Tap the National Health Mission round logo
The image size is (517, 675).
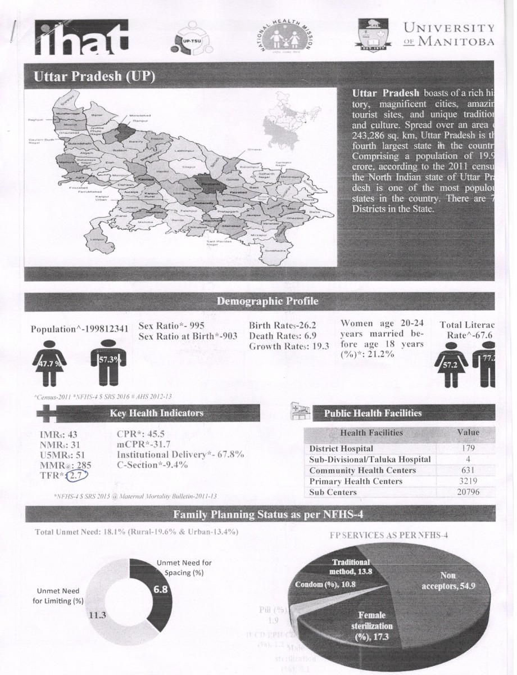[286, 37]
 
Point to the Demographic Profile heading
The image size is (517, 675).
[267, 301]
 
